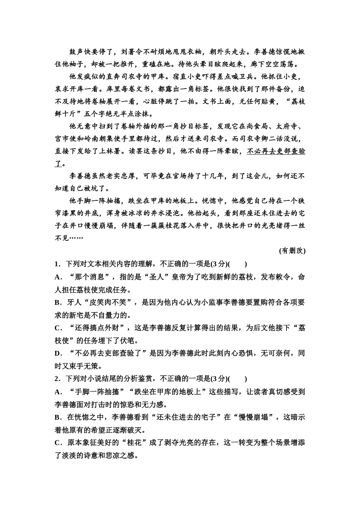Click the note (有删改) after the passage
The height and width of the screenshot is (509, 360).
(x=292, y=251)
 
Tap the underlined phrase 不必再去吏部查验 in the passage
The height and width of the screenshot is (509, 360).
(x=276, y=151)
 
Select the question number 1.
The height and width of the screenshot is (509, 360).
(x=57, y=264)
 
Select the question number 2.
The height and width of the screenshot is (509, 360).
(x=57, y=379)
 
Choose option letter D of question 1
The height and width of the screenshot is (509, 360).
(x=58, y=353)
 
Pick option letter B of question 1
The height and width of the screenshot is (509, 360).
(x=58, y=302)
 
